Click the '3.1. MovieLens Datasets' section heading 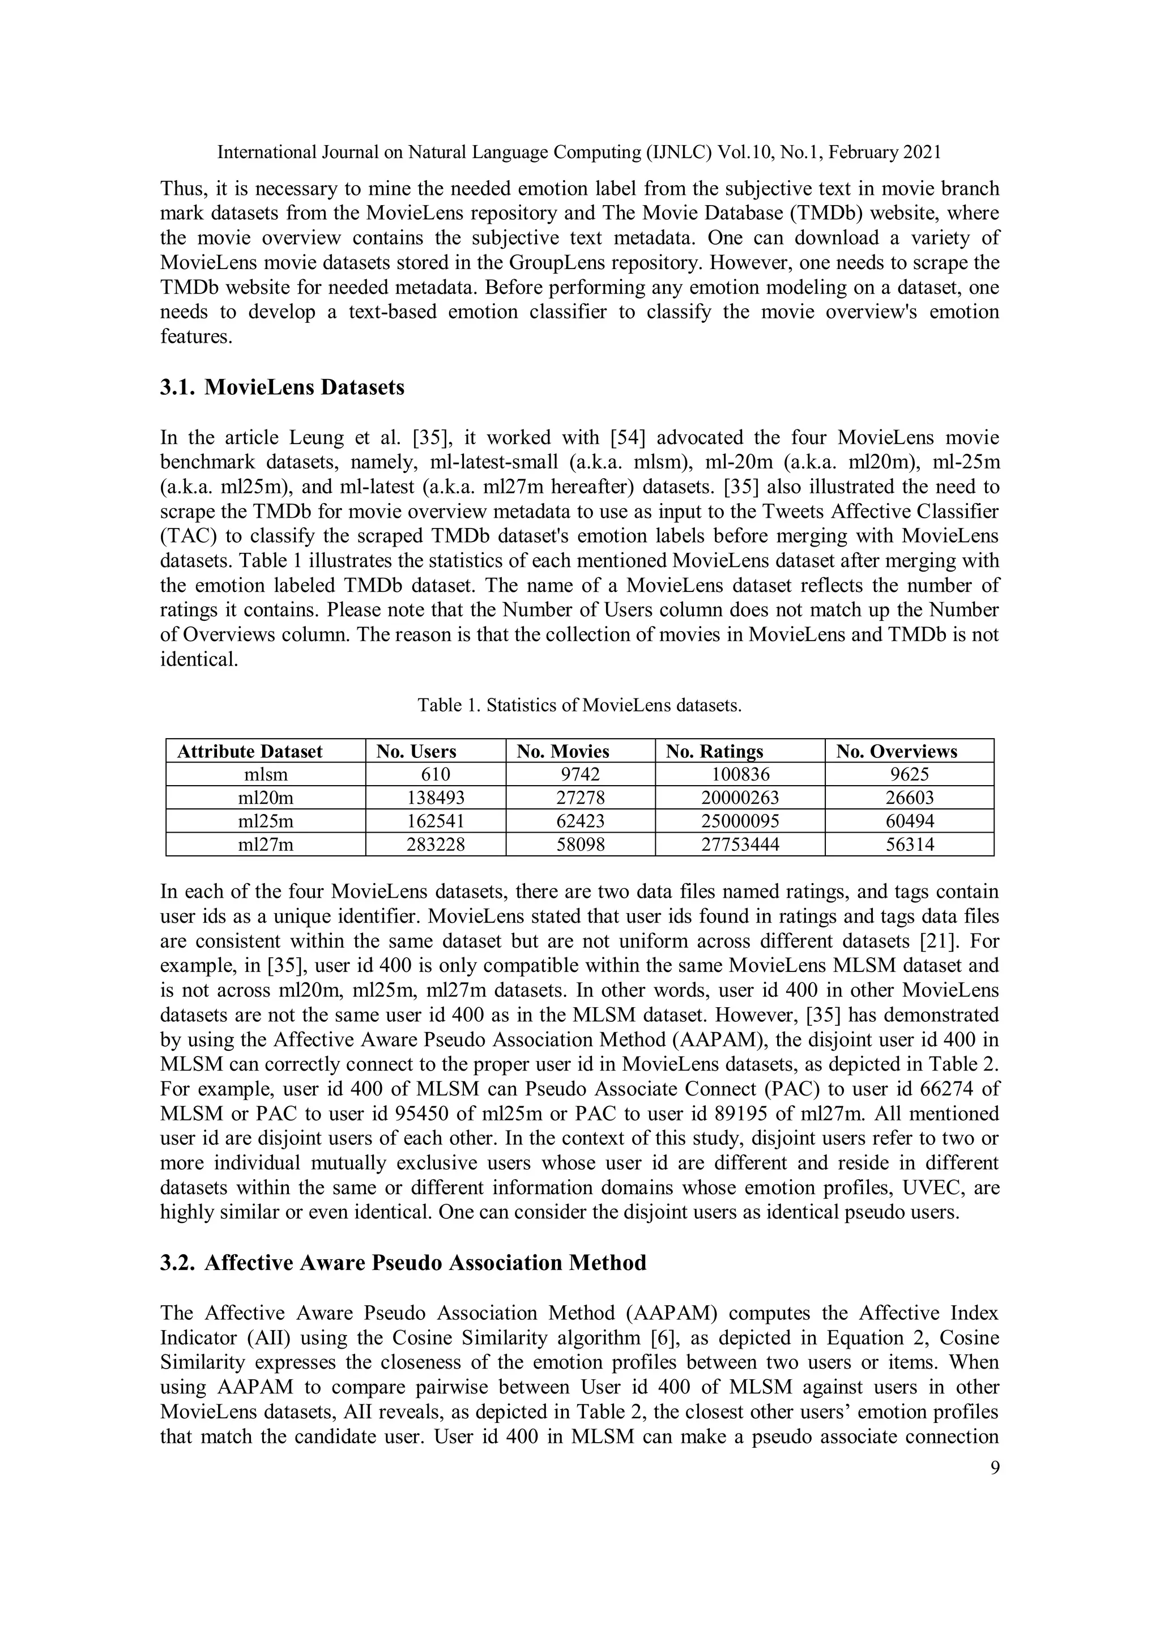(282, 387)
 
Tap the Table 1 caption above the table (579, 705)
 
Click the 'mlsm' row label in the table (266, 774)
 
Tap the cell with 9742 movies (581, 774)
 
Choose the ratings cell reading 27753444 (740, 845)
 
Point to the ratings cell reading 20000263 (740, 798)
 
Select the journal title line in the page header (579, 152)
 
